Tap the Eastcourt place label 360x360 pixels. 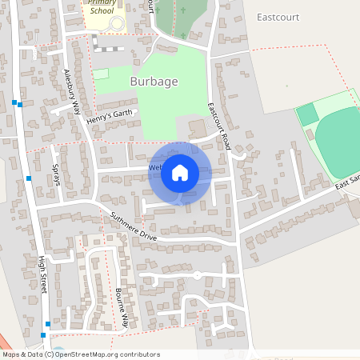pos(279,16)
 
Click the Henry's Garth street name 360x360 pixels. pos(109,118)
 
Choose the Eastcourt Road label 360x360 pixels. pos(218,126)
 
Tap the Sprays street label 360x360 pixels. pos(57,174)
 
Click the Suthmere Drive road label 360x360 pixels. pos(134,225)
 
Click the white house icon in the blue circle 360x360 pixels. pos(180,173)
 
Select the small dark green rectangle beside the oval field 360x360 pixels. pos(307,114)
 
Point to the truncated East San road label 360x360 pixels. pos(347,185)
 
